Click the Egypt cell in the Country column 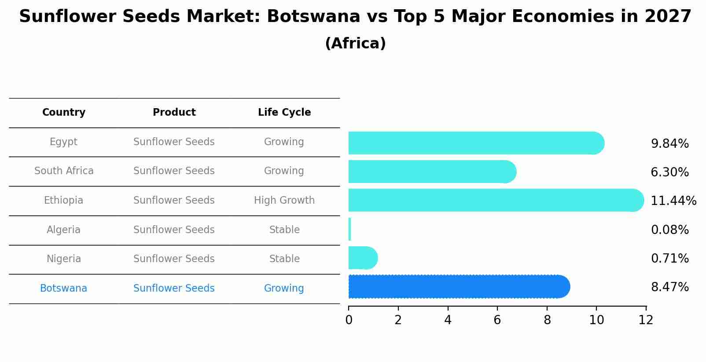63,142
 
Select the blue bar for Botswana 458,287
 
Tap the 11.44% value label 673,201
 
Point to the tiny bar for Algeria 349,229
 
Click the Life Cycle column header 284,113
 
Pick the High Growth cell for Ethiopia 284,201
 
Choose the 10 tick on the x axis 596,320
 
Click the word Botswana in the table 63,289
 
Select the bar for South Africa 431,172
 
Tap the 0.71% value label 669,259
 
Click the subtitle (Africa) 355,44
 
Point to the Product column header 174,113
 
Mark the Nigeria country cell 63,259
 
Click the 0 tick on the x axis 349,320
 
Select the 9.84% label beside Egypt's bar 669,144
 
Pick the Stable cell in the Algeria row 284,230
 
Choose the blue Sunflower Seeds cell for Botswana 174,289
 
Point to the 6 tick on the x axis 497,320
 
